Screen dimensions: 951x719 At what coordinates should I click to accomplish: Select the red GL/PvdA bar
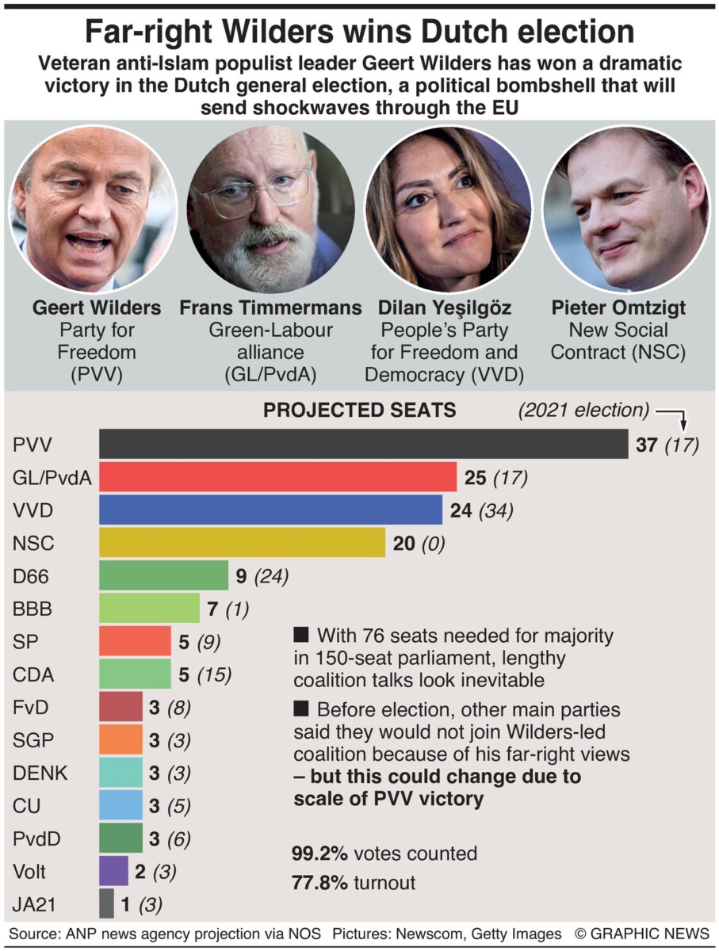click(277, 477)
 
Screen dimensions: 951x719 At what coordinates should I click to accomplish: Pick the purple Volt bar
click(113, 872)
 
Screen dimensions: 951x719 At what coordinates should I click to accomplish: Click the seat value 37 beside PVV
click(647, 445)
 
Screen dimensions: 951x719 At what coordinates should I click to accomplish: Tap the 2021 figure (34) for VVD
click(495, 510)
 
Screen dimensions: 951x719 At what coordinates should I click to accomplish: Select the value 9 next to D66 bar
click(242, 576)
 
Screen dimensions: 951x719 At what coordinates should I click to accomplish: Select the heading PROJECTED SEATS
click(359, 410)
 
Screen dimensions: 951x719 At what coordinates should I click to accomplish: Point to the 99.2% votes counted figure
click(320, 854)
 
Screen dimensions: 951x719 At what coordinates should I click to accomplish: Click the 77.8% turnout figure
click(320, 882)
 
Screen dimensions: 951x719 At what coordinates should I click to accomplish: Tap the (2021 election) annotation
click(583, 411)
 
